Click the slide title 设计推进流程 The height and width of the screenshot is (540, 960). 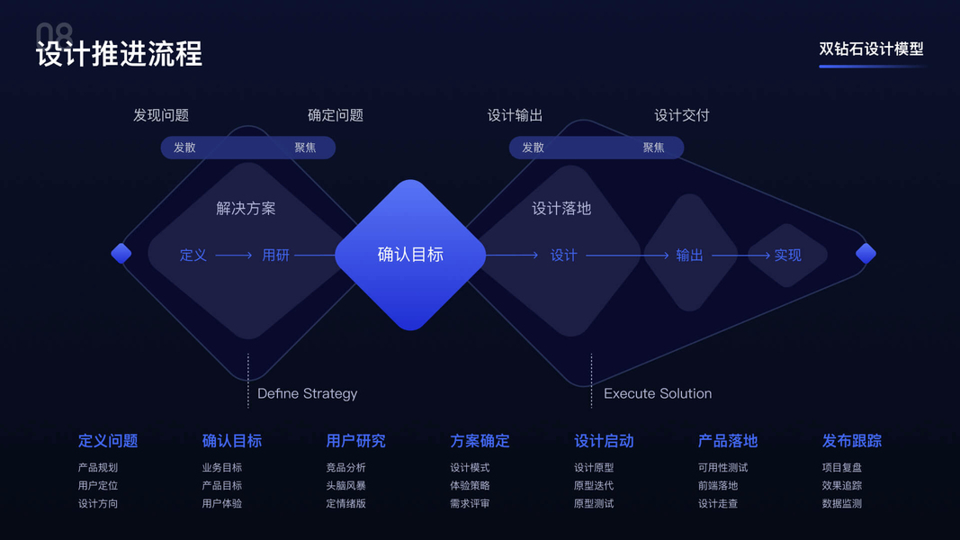[x=119, y=53]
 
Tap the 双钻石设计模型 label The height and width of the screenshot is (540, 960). [x=871, y=50]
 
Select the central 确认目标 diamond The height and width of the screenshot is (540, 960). [x=410, y=255]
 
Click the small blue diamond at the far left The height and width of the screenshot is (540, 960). [x=121, y=254]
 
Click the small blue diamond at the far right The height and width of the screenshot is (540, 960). [x=866, y=254]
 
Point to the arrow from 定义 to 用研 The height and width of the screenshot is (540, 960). [x=234, y=256]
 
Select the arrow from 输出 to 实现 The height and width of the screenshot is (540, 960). [x=740, y=256]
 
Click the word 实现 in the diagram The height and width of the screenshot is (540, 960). [x=787, y=256]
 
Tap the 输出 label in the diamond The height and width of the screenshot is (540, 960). [x=689, y=256]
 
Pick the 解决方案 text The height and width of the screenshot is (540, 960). [x=246, y=209]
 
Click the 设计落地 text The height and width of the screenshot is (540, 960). [x=561, y=209]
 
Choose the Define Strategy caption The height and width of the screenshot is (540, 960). [x=307, y=393]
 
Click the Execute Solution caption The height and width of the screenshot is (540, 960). [x=658, y=393]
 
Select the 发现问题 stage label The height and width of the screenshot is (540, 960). [x=161, y=115]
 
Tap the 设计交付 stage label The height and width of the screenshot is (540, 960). [x=681, y=115]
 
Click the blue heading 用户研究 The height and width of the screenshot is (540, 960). [x=355, y=441]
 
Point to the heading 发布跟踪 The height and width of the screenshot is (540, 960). [x=851, y=441]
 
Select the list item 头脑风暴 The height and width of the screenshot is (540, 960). [x=345, y=486]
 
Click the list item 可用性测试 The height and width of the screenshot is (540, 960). [x=722, y=468]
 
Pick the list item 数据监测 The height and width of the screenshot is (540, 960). [x=841, y=504]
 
